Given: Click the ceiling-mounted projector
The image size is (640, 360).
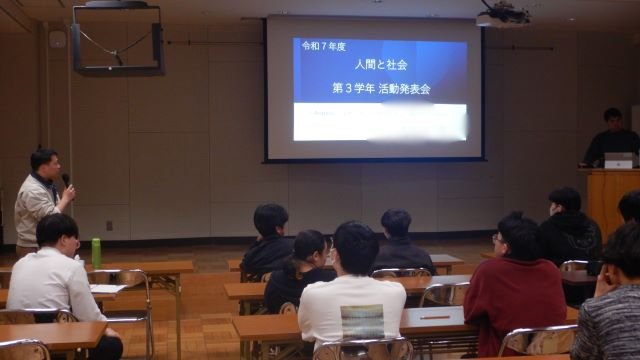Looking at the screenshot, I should click(x=503, y=15).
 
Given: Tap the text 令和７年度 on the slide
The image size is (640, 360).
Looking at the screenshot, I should click(x=320, y=46).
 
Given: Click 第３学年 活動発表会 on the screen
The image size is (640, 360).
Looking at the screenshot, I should click(x=380, y=88).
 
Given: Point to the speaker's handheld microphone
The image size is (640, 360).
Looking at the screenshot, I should click(x=66, y=181).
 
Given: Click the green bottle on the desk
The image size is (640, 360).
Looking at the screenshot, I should click(x=96, y=252).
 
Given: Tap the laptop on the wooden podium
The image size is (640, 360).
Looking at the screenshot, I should click(x=618, y=160).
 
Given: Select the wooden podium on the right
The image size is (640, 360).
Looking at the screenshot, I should click(x=610, y=200).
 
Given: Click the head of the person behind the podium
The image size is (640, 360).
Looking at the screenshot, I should click(x=612, y=119).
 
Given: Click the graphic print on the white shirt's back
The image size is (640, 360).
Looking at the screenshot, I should click(x=361, y=322).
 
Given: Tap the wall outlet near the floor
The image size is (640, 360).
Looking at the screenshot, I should click(x=109, y=226).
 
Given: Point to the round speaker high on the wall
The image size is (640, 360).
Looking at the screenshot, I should click(x=57, y=39).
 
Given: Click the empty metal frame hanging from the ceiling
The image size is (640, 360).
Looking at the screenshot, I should click(x=118, y=40).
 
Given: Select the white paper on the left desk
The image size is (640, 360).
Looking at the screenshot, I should click(x=108, y=288).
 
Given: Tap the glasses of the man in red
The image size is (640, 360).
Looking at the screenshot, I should click(x=498, y=238).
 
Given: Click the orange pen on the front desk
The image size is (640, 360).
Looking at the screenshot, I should click(x=434, y=316).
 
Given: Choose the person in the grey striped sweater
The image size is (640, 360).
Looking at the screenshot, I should click(x=611, y=315).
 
